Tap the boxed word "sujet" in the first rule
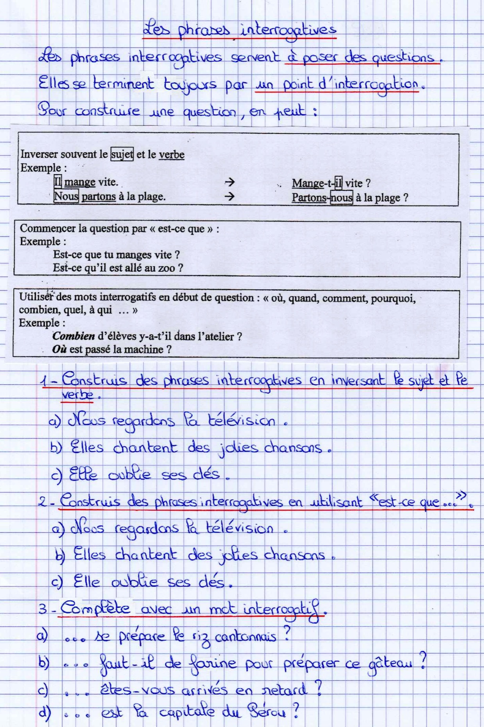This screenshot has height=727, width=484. tap(122, 155)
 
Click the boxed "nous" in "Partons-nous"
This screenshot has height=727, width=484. tap(341, 198)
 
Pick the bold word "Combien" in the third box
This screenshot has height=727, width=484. tap(73, 336)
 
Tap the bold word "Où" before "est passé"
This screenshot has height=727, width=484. tap(59, 349)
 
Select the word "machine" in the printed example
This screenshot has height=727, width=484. tap(145, 349)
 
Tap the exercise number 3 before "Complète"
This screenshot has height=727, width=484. tap(42, 609)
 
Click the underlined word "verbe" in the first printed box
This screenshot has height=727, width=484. tap(171, 155)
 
